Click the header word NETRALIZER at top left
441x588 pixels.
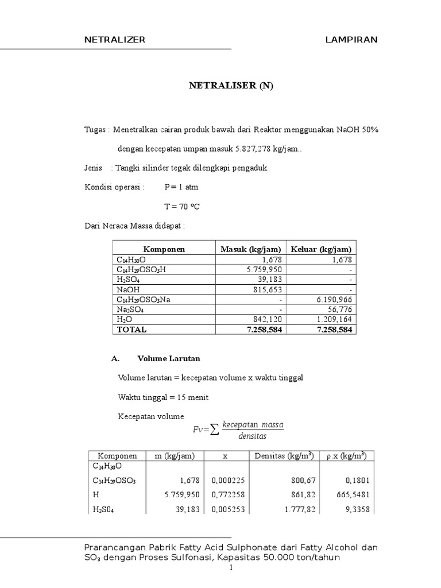point(115,40)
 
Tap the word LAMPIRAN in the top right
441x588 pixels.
point(351,40)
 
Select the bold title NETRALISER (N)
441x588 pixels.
point(232,86)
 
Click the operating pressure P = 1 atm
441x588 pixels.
point(182,187)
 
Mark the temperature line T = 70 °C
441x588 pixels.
point(182,206)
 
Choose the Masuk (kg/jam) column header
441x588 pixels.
point(251,249)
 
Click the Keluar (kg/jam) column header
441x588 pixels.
point(321,249)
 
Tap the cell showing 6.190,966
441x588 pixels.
point(335,300)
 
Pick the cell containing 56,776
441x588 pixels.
point(341,310)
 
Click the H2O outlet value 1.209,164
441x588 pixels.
point(335,320)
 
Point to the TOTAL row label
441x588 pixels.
point(131,330)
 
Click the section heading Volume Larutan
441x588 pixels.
point(169,358)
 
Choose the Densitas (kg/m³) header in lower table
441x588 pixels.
point(284,456)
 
